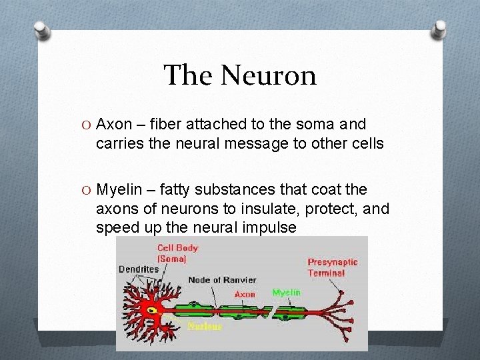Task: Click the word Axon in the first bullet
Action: [114, 124]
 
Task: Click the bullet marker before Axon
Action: [87, 124]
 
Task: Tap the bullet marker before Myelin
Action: [87, 190]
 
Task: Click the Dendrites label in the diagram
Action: [139, 269]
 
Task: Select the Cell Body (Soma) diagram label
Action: [177, 253]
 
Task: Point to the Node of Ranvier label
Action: [223, 280]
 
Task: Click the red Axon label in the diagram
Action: [245, 294]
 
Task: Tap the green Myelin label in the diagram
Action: [287, 293]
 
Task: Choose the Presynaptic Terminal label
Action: [332, 267]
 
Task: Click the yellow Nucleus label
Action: [205, 326]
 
